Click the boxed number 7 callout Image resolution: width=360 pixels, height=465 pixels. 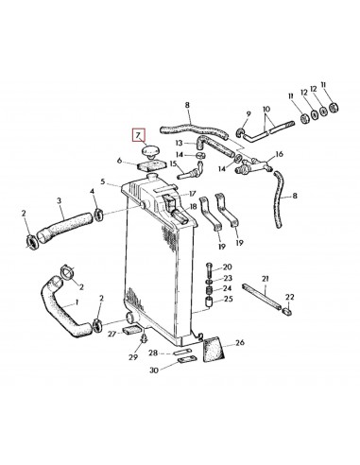click(x=140, y=137)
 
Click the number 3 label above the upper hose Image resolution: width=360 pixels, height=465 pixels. click(x=59, y=200)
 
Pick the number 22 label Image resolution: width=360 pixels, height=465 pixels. click(x=290, y=298)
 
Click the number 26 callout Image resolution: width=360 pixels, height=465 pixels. click(x=239, y=343)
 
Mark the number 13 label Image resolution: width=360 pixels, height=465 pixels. click(x=179, y=142)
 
